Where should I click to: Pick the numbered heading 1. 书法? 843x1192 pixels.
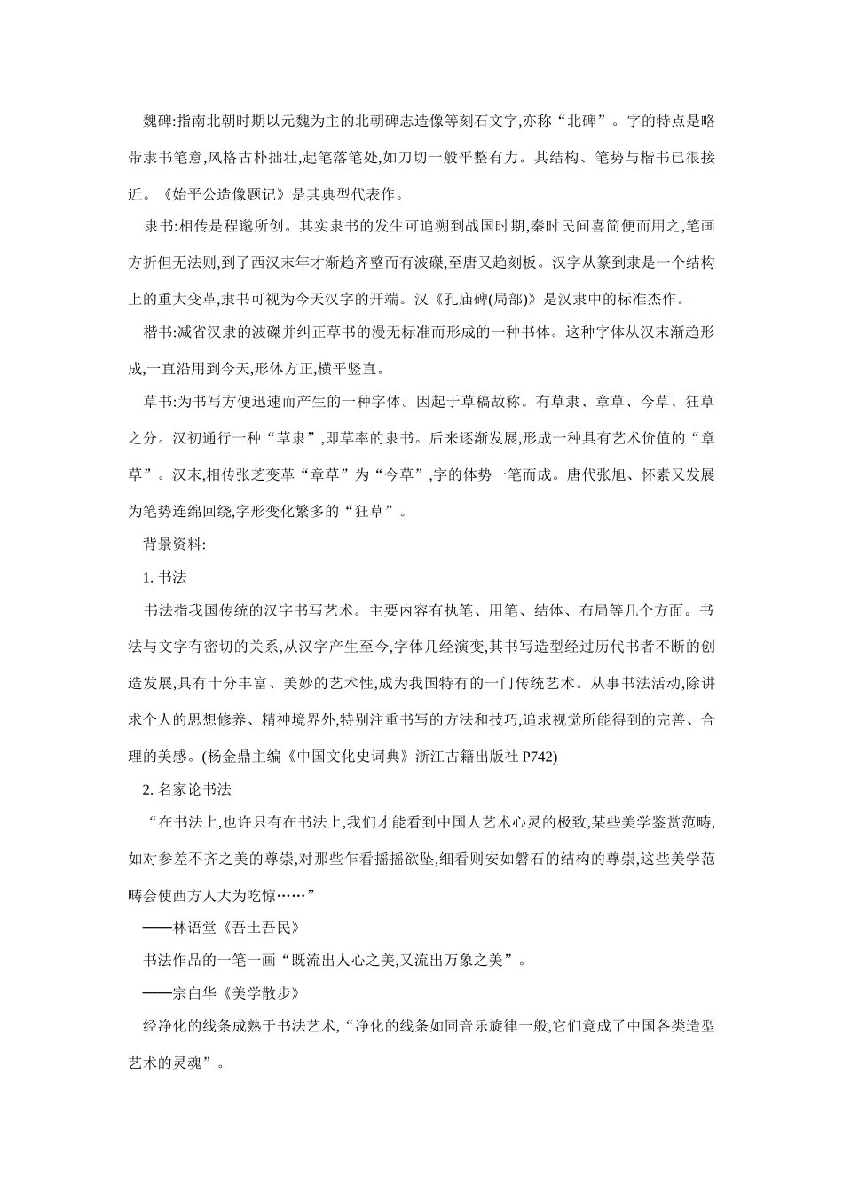coord(165,576)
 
